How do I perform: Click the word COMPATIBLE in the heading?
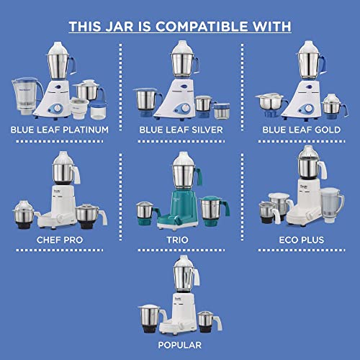pyautogui.click(x=202, y=26)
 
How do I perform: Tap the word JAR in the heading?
pyautogui.click(x=120, y=26)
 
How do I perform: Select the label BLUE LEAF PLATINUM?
pyautogui.click(x=60, y=130)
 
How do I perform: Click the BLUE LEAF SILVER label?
pyautogui.click(x=181, y=130)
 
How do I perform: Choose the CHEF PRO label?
pyautogui.click(x=60, y=240)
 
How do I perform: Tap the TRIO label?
pyautogui.click(x=178, y=240)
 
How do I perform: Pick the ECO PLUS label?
pyautogui.click(x=302, y=240)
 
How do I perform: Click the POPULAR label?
pyautogui.click(x=180, y=345)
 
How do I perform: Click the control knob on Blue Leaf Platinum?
pyautogui.click(x=58, y=109)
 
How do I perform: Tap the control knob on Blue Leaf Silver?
pyautogui.click(x=185, y=108)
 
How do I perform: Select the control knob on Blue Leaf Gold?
pyautogui.click(x=308, y=109)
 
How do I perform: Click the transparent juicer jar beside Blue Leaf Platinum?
pyautogui.click(x=27, y=96)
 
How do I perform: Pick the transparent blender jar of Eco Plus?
pyautogui.click(x=332, y=204)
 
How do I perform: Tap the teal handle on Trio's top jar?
pyautogui.click(x=199, y=176)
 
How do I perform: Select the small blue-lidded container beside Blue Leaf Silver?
pyautogui.click(x=222, y=111)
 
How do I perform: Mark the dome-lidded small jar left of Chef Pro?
pyautogui.click(x=24, y=215)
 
